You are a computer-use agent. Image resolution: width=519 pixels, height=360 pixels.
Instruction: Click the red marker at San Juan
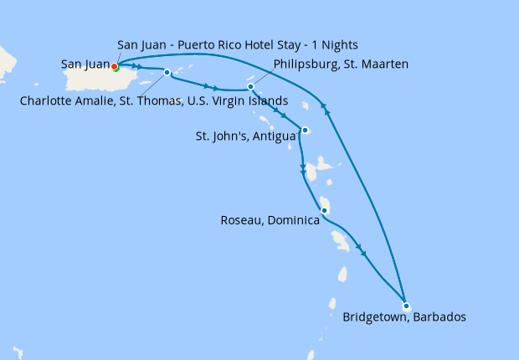point(114,67)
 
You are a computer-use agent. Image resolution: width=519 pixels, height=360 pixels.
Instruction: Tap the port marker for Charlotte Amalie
point(167,72)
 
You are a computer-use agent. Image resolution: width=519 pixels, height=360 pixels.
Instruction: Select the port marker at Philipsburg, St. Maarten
point(250,86)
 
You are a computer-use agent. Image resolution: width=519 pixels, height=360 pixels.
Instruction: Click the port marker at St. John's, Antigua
point(306,130)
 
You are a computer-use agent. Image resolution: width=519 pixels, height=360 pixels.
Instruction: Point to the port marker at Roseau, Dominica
point(324,211)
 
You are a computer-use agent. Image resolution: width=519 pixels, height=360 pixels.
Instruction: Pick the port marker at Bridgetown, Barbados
point(405,306)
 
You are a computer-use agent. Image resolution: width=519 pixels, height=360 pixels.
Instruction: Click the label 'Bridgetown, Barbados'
point(403,317)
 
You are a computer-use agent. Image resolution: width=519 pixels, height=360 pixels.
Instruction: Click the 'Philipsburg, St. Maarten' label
point(340,63)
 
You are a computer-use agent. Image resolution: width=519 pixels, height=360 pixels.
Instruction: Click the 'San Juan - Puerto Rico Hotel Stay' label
point(239,44)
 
